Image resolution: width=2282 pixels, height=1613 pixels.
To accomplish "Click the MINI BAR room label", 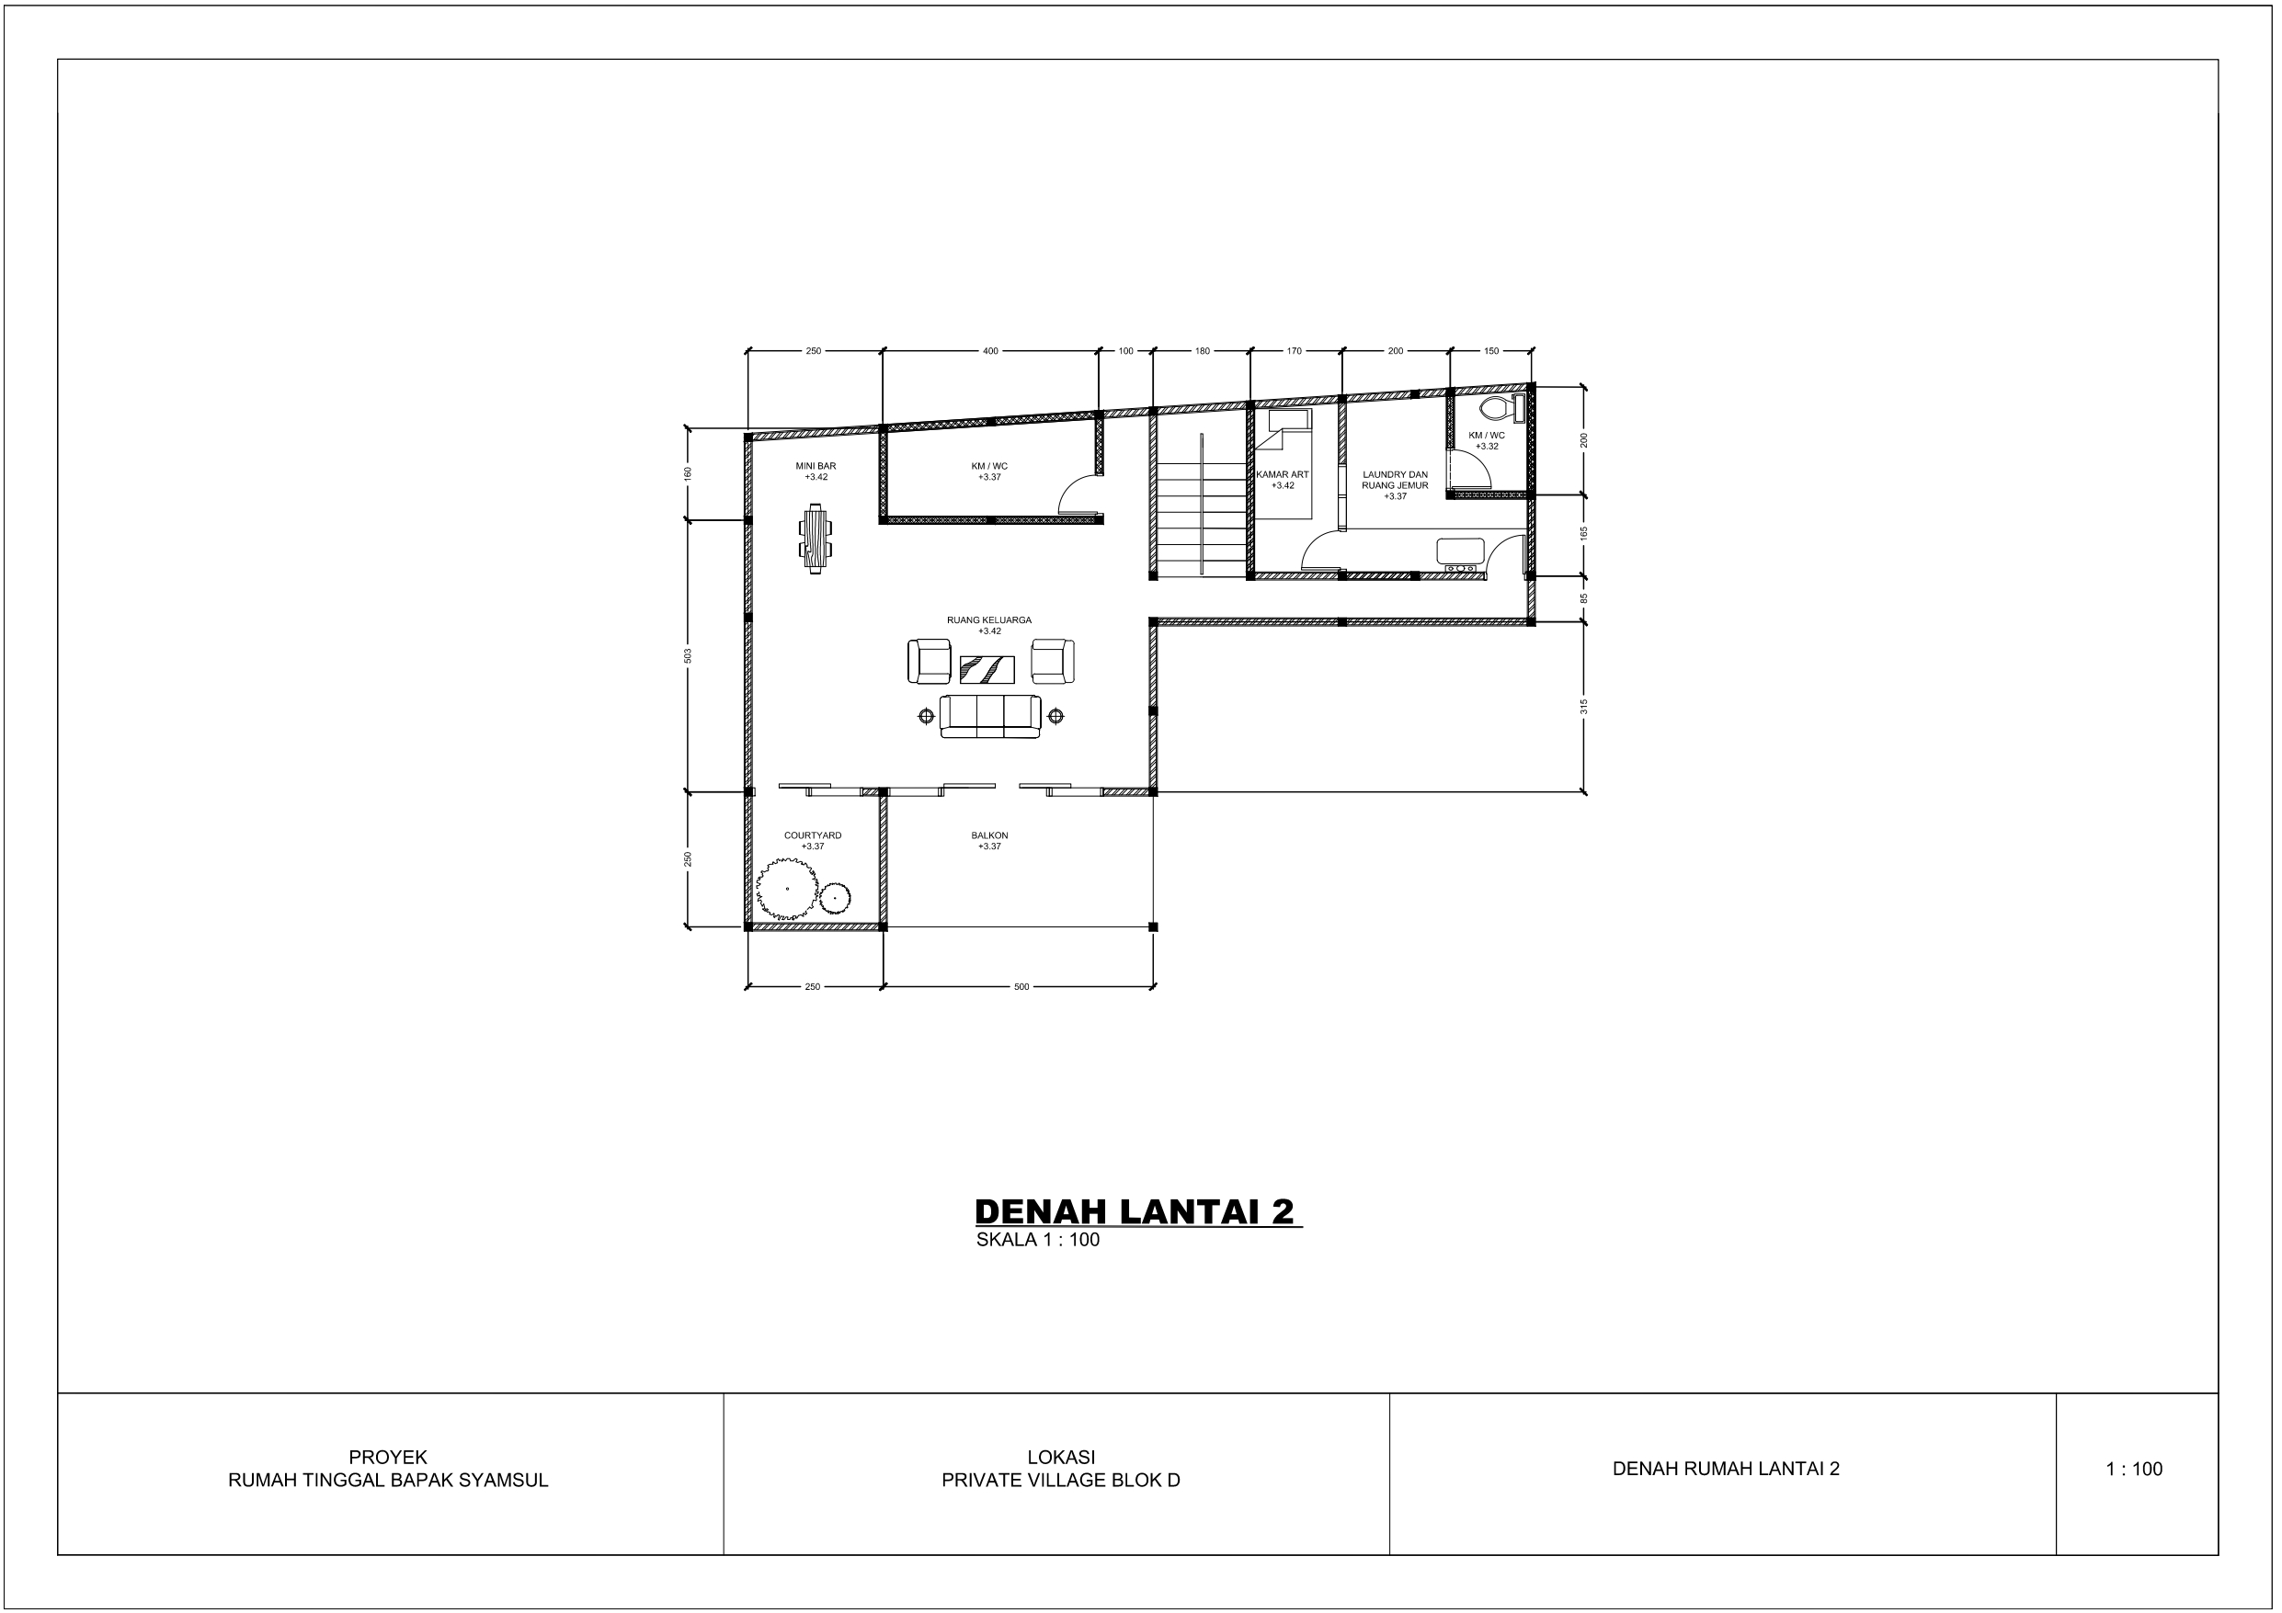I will coord(816,465).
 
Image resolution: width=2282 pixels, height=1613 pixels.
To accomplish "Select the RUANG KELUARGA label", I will coord(989,620).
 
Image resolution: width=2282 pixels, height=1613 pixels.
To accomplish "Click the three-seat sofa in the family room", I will coord(990,716).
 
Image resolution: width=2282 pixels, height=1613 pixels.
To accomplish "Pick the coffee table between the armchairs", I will coord(987,669).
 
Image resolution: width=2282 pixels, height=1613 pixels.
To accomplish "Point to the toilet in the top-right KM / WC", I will coord(1493,408).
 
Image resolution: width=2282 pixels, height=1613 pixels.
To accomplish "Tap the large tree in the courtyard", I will coord(786,889).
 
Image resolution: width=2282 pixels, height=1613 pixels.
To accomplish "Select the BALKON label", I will coord(990,835).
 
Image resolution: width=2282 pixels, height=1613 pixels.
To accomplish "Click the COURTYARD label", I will coord(813,835).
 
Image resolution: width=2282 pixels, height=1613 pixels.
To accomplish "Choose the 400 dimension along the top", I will coord(990,351).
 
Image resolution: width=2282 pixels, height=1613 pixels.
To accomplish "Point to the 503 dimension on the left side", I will coord(688,656).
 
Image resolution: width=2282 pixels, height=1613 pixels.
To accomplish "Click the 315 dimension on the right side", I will coord(1584,707).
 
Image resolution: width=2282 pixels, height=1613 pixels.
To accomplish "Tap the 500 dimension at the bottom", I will coord(1021,987).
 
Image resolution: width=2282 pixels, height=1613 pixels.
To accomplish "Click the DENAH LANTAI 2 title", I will coord(1135,1211).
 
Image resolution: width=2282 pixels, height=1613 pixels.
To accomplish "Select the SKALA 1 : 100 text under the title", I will coord(1038,1241).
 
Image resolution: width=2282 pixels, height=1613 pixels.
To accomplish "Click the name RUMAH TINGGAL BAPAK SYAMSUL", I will coord(388,1480).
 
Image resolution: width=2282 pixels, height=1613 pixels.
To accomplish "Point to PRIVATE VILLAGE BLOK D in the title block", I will coord(1060,1480).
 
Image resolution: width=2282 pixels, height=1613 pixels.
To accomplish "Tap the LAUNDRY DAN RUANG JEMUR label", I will coord(1396,481).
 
